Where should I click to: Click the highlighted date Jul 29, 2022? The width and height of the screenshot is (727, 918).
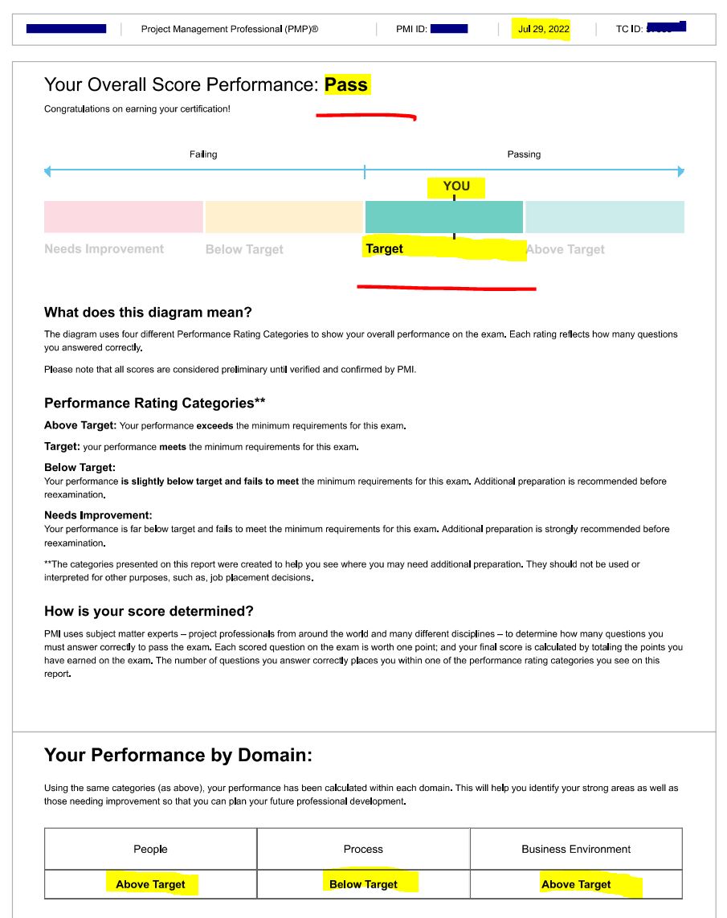[544, 29]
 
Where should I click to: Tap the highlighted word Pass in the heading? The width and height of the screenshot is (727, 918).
[346, 84]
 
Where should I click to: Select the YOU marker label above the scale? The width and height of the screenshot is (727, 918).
[456, 186]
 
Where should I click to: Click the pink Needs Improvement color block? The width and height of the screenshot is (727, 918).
[124, 217]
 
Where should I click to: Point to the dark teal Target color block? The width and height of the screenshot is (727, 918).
[443, 217]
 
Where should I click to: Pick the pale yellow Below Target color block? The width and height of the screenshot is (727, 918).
[284, 217]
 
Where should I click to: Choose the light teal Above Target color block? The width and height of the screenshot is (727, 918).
[604, 217]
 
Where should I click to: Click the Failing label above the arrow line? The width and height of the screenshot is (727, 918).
[203, 154]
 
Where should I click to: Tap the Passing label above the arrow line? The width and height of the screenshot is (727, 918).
[524, 154]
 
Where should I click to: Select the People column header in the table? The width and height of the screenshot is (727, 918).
[150, 849]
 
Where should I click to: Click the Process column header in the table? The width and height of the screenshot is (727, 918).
[363, 849]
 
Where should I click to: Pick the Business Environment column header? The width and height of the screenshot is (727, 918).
[576, 849]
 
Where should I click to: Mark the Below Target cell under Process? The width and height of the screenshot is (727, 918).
[363, 884]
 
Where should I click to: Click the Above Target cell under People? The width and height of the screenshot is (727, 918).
[150, 884]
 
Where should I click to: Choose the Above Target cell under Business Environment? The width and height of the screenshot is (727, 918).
[576, 884]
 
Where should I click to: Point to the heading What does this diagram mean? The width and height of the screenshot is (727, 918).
[148, 313]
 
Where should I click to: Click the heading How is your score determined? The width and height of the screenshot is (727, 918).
[149, 612]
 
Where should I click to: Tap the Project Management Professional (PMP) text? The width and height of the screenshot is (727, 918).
[230, 29]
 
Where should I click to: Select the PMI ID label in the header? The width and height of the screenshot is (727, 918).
[411, 29]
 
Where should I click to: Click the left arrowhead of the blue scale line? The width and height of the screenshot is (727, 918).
[47, 171]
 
